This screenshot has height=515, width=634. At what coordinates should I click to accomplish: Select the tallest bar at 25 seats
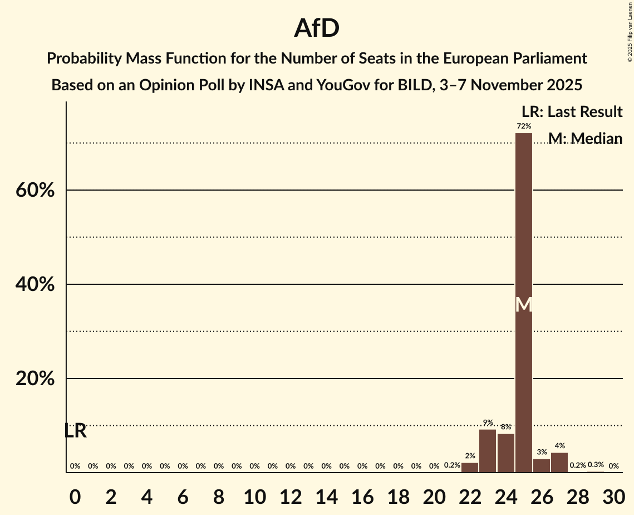524,301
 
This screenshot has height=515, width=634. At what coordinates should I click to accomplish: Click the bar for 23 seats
488,451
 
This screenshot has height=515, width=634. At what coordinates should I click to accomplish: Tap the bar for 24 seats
505,453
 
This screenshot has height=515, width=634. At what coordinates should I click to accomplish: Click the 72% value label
524,127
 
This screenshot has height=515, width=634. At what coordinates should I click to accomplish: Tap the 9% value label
488,422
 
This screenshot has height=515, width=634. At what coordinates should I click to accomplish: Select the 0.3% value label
596,465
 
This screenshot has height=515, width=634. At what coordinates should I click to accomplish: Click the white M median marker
524,304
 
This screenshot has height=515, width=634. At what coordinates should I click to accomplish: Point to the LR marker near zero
75,431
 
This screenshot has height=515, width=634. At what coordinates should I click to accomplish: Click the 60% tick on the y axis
35,191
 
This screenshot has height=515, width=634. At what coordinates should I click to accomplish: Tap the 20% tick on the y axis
35,379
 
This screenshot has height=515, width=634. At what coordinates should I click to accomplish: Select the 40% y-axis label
35,285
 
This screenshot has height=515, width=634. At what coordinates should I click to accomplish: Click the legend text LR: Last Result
572,112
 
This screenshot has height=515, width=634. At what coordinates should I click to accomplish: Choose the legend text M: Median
585,138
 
